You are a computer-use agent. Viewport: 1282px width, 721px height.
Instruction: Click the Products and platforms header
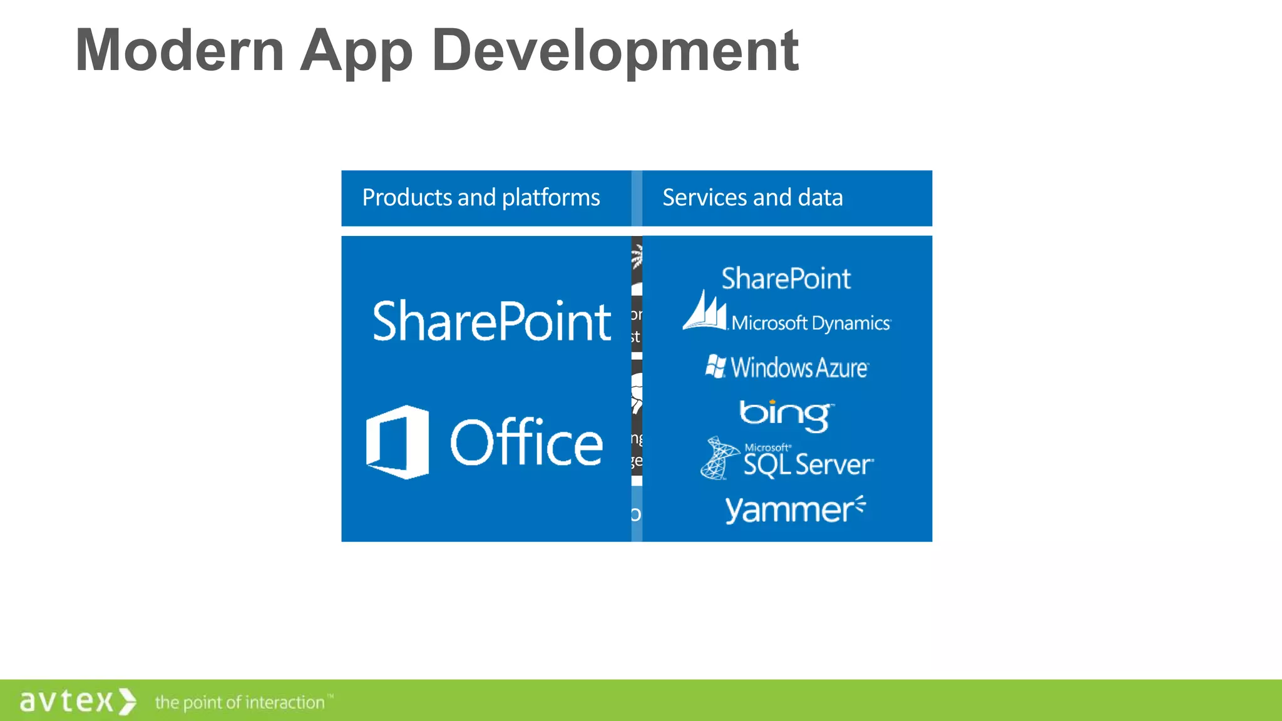481,198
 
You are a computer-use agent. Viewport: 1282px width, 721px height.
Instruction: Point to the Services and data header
752,198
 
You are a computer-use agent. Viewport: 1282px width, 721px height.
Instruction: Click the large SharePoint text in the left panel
491,321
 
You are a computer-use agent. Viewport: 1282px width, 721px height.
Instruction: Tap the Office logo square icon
397,442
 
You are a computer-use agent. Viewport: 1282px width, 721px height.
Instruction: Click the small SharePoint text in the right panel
786,279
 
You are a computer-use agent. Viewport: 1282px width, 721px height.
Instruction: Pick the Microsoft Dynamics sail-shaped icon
705,310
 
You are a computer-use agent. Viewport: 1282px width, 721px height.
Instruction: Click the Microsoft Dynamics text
811,323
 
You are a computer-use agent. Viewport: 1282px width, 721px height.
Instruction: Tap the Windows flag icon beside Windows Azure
715,366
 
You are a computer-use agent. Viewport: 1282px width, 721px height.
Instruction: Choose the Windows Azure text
799,367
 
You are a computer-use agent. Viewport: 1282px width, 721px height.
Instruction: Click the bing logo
786,415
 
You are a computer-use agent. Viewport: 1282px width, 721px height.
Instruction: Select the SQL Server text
808,464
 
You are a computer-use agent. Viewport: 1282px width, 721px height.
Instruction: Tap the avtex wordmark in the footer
66,701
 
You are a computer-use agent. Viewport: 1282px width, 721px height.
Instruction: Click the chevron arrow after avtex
127,701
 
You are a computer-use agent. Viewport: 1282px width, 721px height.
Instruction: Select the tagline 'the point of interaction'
240,702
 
